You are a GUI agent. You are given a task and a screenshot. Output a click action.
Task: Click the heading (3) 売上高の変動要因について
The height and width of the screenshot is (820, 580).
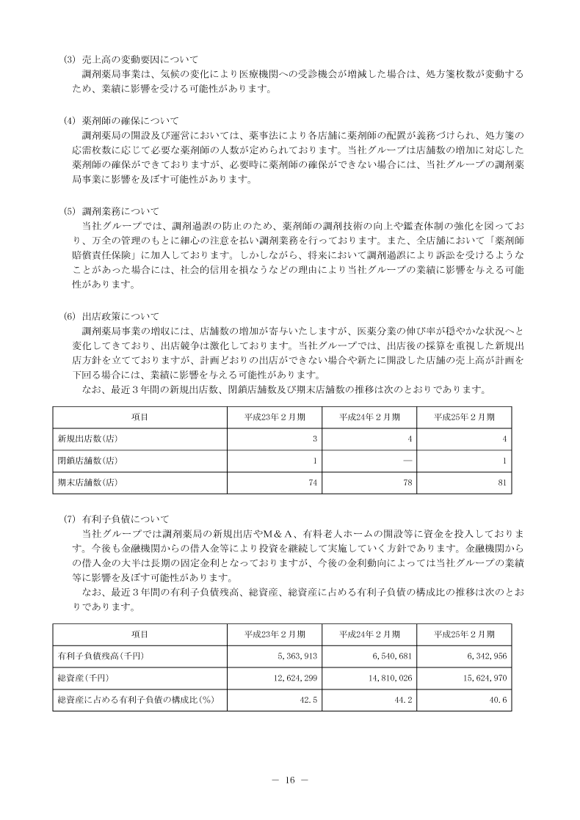132,59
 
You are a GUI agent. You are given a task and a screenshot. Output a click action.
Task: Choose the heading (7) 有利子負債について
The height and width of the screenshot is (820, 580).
121,518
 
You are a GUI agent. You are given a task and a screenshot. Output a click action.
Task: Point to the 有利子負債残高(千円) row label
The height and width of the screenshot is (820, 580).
101,656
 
